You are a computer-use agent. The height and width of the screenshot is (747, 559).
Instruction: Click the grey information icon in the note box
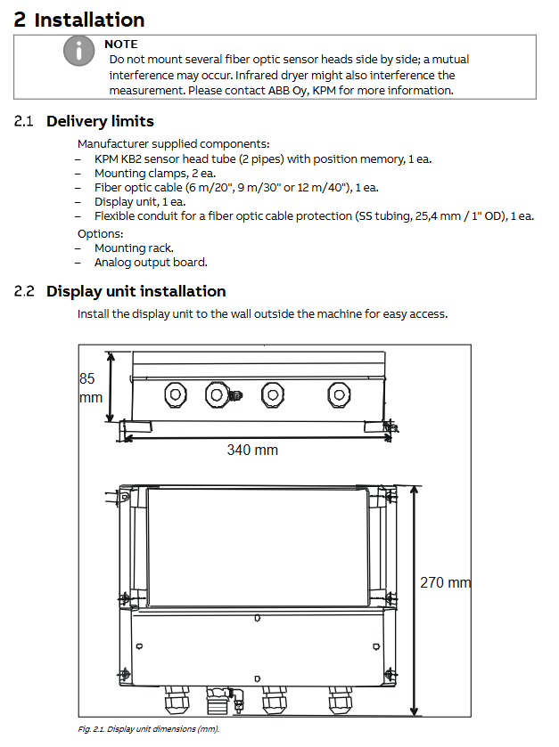point(78,51)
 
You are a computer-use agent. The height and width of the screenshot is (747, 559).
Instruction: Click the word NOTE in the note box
point(121,45)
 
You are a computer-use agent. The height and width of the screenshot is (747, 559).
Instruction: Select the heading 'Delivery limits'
point(100,121)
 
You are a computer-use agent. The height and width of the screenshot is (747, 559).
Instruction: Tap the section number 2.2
point(24,291)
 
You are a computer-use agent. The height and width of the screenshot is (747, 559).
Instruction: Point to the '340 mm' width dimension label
point(252,450)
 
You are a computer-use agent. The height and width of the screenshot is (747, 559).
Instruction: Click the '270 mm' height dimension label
point(445,582)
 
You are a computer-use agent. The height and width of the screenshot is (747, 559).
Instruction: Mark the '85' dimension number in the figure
point(86,378)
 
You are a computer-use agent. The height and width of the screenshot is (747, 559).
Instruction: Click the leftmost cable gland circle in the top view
point(175,395)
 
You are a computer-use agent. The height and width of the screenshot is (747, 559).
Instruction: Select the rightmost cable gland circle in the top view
point(339,395)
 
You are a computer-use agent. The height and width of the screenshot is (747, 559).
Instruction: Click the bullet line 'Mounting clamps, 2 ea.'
point(155,174)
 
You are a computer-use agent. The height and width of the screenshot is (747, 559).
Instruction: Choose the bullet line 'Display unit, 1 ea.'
point(140,202)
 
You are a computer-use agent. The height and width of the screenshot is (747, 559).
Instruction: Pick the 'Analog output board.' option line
point(151,263)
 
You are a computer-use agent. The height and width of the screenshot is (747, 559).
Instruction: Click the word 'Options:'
point(100,234)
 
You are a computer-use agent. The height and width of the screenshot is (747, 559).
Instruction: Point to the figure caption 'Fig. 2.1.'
point(91,729)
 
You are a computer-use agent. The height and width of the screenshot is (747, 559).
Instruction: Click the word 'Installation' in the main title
point(90,20)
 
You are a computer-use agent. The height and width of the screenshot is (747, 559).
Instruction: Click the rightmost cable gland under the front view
point(340,700)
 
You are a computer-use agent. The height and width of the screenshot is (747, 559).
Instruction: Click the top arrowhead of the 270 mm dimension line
point(414,491)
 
